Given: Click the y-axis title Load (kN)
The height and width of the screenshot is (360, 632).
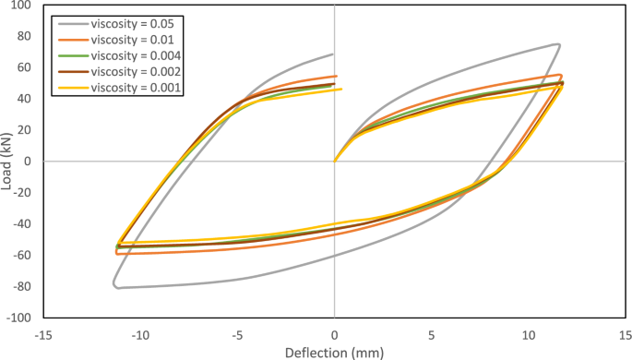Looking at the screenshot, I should click(8, 161).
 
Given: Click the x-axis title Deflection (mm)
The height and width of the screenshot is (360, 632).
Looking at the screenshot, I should click(333, 352).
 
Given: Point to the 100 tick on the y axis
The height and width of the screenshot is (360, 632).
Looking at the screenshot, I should click(21, 6).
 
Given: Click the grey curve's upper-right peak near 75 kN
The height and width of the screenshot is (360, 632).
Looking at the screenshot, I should click(557, 44).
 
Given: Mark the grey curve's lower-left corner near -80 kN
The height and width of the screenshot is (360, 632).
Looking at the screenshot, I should click(115, 286).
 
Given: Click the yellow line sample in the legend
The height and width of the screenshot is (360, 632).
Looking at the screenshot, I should click(72, 88).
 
